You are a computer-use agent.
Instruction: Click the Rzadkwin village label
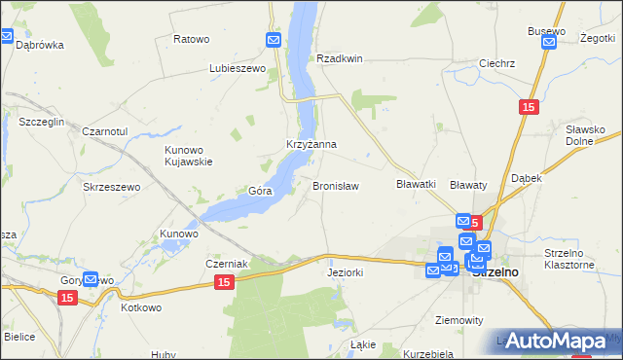coord(339,58)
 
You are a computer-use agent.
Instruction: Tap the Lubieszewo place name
coord(238,69)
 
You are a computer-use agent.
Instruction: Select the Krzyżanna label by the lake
coord(311,145)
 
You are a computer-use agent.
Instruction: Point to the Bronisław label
coord(335,185)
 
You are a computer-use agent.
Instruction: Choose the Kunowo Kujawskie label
coord(188,156)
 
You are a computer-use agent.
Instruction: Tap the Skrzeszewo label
coord(112,187)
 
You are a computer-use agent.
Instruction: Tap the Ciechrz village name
coord(496,63)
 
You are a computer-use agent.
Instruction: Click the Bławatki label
coord(415,184)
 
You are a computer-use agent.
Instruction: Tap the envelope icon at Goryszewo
coord(92,279)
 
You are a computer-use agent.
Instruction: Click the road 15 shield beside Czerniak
coord(224,282)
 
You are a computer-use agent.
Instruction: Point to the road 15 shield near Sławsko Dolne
coord(528,108)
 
